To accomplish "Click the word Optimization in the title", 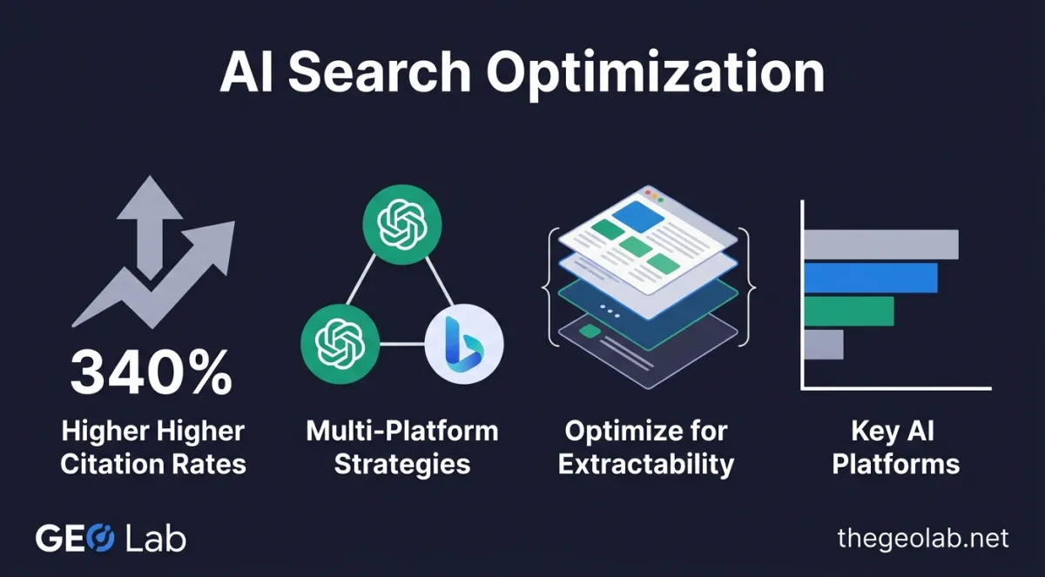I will click(x=655, y=73).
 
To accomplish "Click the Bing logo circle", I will click(x=464, y=344).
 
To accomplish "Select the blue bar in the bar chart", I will click(x=870, y=278).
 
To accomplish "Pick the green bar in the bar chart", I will click(x=848, y=311).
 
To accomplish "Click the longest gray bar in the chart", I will click(x=880, y=245).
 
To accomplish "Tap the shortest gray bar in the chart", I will click(x=823, y=344).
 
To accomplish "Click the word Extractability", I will click(x=646, y=463).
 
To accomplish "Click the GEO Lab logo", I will click(x=110, y=539).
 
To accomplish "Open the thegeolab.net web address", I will click(x=922, y=539).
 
